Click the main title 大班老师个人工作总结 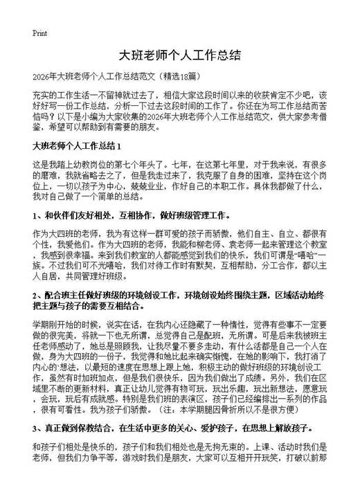(x=179, y=55)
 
